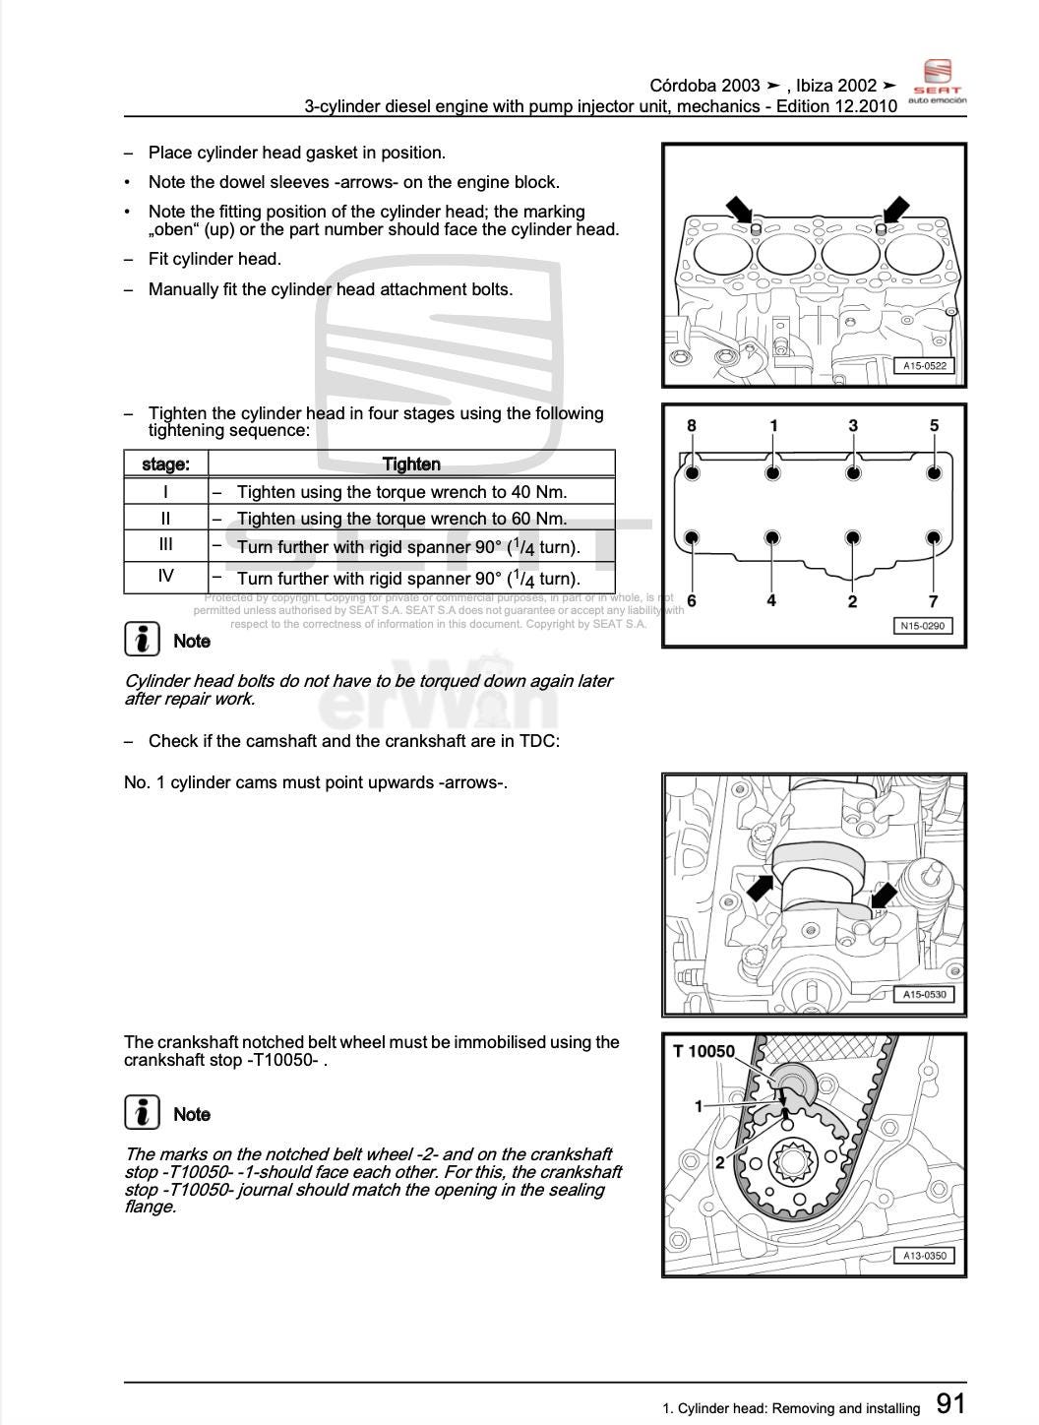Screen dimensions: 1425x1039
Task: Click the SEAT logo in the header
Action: [937, 81]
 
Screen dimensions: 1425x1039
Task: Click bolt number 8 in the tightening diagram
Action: [692, 472]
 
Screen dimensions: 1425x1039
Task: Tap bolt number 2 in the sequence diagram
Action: [853, 538]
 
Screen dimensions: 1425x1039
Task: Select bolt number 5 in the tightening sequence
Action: [934, 472]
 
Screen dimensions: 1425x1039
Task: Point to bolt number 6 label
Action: [692, 601]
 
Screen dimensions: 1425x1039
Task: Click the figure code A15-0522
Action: [924, 366]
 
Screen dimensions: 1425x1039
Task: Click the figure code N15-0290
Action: [924, 626]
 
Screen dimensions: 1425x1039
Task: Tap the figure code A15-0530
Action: [924, 995]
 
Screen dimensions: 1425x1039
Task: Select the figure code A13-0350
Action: [924, 1256]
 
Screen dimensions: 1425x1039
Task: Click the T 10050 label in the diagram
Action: [703, 1052]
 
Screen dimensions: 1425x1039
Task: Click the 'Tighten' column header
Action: [411, 465]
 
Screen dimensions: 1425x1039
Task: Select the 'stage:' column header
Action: [165, 465]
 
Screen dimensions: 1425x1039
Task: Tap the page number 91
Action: [950, 1404]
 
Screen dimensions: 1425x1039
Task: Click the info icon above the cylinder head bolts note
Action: [143, 640]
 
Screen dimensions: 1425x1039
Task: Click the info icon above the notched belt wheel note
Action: [143, 1113]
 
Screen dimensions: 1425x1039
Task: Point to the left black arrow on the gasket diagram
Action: [739, 210]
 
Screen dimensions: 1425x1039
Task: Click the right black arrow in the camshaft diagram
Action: [884, 896]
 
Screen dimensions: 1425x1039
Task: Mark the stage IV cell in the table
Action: [165, 577]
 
